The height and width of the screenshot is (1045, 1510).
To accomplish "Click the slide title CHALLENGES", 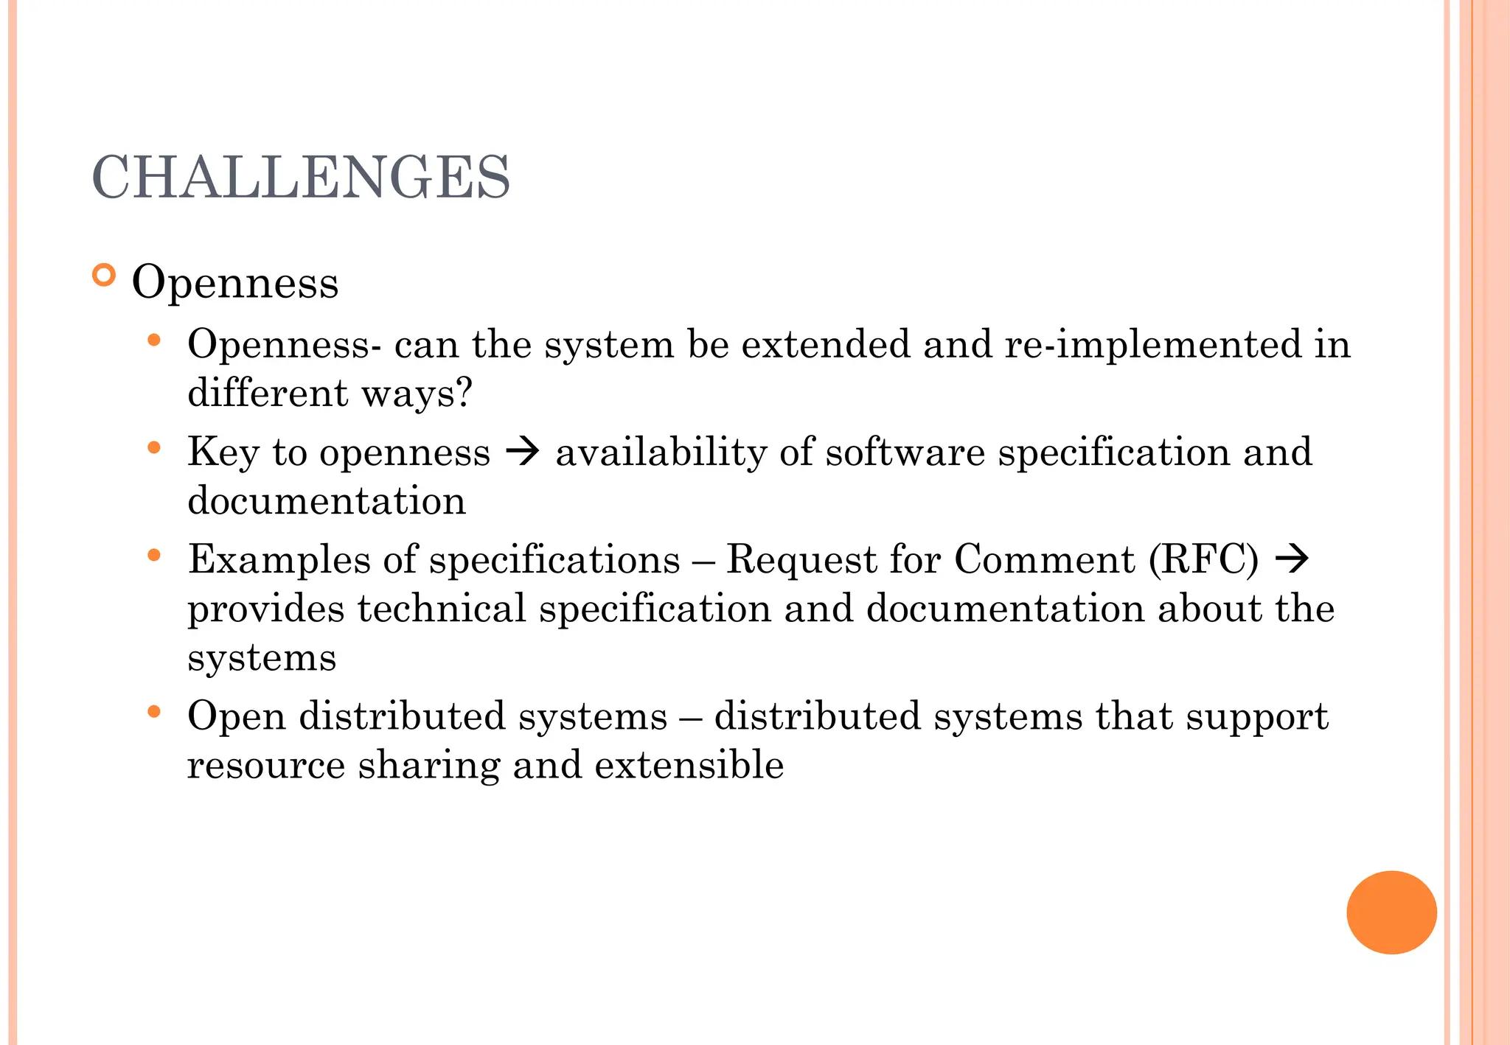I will point(301,178).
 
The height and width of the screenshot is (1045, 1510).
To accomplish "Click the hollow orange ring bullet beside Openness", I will point(105,276).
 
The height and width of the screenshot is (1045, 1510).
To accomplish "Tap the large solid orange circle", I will point(1391,912).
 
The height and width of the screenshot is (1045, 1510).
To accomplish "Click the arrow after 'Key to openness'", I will point(523,451).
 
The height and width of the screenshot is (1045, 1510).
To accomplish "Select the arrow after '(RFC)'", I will point(1292,559).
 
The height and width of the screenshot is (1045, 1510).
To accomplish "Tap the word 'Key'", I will point(223,452).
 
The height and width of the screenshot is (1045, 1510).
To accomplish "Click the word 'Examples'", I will point(279,559).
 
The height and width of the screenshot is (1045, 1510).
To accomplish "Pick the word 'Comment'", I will point(1044,559).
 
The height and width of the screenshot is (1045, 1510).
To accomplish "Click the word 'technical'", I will point(442,609).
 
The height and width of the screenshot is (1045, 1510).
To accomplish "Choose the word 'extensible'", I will point(689,765).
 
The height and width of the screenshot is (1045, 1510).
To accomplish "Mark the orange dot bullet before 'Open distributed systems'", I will point(154,712).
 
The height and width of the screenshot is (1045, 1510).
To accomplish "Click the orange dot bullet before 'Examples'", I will point(154,555).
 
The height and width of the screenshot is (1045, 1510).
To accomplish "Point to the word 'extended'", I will point(826,344).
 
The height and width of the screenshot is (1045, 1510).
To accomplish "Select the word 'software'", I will point(905,452).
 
